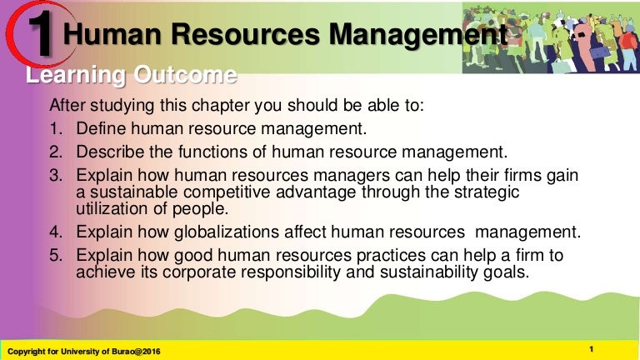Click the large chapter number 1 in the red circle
click(41, 32)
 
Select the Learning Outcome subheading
click(131, 77)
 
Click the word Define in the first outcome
click(101, 129)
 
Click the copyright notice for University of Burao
click(83, 351)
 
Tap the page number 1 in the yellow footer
click(591, 349)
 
